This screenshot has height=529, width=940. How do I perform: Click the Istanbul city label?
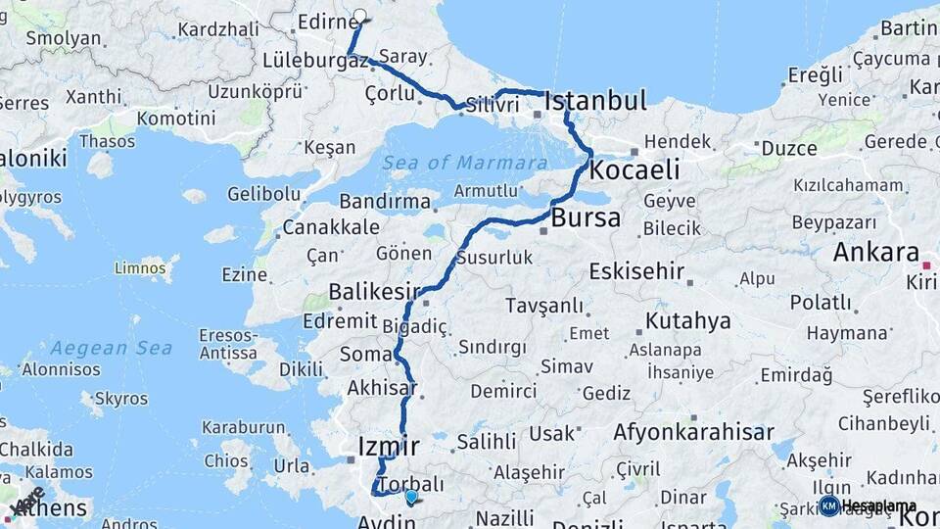[595, 101]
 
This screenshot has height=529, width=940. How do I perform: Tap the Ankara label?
[876, 252]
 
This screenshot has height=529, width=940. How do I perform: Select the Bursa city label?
[586, 217]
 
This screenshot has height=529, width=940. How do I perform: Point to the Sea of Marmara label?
[464, 163]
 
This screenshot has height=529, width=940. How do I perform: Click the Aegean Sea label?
[112, 348]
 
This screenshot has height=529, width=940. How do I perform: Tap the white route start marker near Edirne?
[359, 16]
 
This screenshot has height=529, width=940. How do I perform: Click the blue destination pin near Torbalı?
[411, 497]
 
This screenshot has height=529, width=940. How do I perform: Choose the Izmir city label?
[389, 447]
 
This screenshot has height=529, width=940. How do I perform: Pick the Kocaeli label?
[634, 170]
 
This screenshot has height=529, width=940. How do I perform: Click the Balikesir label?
[374, 291]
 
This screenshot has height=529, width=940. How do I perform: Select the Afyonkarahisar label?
[693, 431]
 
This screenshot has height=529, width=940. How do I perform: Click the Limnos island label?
[140, 266]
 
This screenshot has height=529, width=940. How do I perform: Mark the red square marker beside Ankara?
[925, 264]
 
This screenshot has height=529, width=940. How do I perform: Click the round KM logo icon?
[828, 505]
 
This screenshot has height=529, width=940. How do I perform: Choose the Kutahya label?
[688, 320]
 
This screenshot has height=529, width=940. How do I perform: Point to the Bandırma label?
[385, 202]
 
